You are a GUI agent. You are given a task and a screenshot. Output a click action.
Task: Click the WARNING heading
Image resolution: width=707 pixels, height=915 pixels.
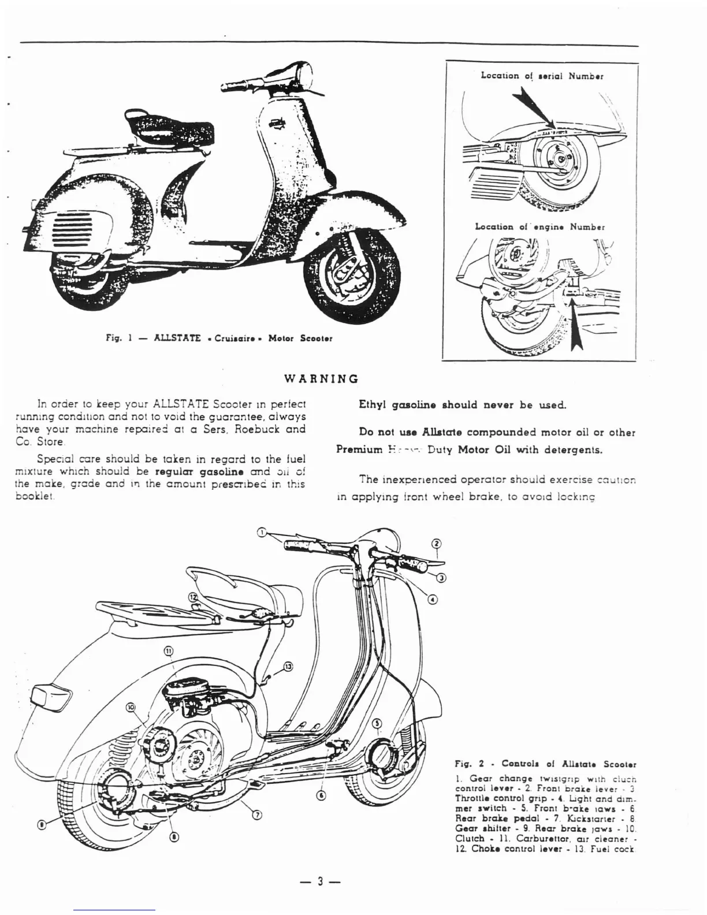point(322,379)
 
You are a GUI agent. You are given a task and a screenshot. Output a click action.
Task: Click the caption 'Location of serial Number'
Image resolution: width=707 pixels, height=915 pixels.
point(542,76)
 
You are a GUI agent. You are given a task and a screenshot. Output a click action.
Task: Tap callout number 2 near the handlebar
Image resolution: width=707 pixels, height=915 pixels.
point(437,544)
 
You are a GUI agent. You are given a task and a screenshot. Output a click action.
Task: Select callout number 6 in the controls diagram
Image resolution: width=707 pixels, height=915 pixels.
point(322,795)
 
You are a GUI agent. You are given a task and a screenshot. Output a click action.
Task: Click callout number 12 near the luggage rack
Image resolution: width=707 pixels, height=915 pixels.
point(192,597)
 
